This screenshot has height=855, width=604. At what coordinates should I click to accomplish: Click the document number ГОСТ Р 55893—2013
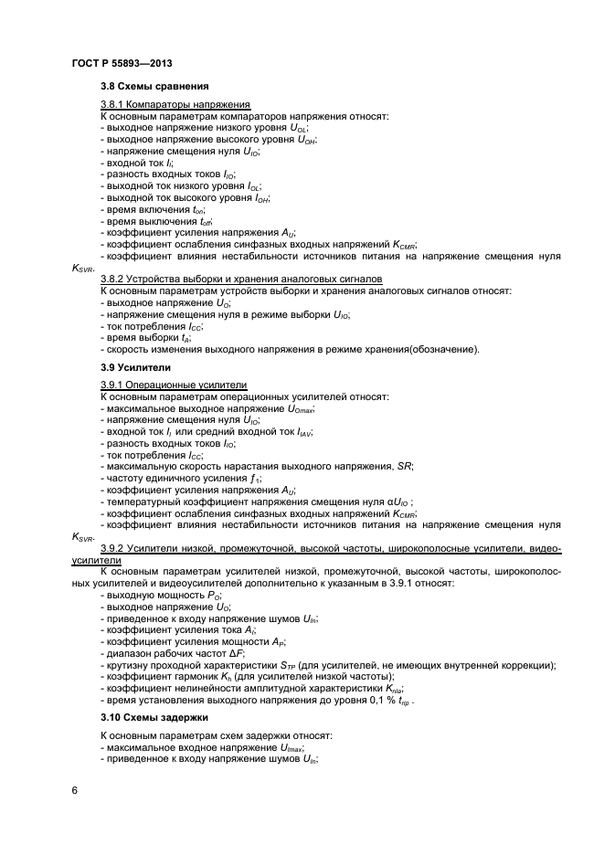(x=122, y=64)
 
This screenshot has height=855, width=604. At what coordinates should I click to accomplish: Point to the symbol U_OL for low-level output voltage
(x=298, y=129)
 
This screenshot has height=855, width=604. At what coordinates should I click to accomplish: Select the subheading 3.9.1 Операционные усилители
(x=174, y=386)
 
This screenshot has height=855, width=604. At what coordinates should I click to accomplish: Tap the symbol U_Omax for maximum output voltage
(x=299, y=409)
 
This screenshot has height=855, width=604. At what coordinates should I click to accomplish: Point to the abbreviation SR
(x=404, y=467)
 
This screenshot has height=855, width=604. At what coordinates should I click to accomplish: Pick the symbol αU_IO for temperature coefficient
(x=399, y=501)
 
